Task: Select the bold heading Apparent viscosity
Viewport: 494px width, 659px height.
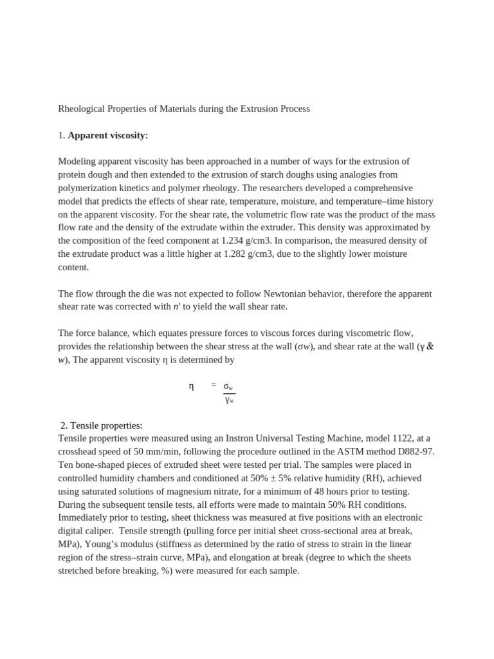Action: click(x=107, y=135)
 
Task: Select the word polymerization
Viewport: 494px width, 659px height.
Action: click(x=91, y=187)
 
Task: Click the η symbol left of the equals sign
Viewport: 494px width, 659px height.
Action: click(x=191, y=386)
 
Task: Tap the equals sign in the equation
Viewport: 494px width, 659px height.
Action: click(x=214, y=385)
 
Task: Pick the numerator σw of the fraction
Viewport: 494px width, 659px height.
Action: click(x=228, y=386)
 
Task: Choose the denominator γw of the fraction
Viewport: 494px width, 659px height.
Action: click(x=229, y=400)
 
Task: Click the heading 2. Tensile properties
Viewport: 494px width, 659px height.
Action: click(x=101, y=425)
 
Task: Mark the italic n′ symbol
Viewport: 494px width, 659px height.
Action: click(x=177, y=306)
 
